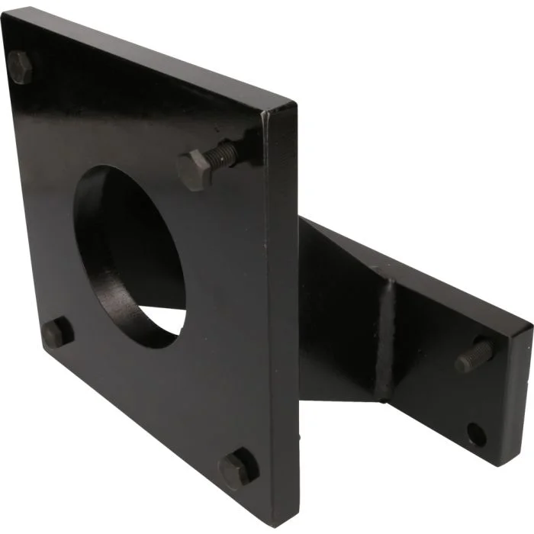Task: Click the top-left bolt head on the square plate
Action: click(x=21, y=66)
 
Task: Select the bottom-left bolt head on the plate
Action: click(x=56, y=333)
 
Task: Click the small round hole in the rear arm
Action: click(x=476, y=436)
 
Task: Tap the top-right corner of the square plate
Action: click(x=293, y=102)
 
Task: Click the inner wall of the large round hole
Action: click(x=103, y=244)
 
